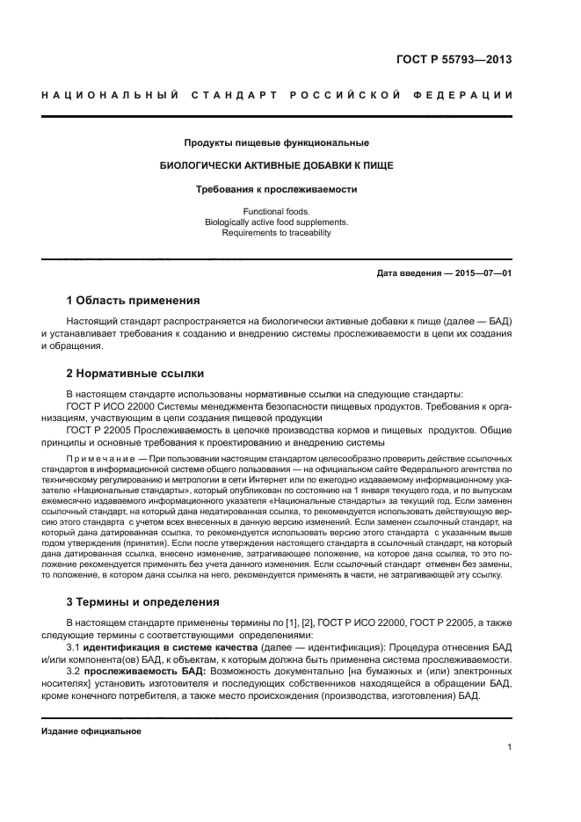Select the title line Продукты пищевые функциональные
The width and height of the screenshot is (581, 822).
click(276, 142)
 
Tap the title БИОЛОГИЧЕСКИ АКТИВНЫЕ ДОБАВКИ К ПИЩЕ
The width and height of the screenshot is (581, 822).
click(276, 165)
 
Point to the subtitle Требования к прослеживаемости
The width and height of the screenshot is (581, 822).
click(276, 188)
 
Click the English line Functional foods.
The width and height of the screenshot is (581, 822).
click(276, 212)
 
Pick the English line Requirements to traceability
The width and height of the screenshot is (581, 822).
click(276, 233)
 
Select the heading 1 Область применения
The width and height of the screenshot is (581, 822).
click(134, 301)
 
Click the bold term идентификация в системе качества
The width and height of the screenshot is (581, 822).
click(165, 646)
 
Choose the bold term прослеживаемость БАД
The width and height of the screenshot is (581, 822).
click(142, 671)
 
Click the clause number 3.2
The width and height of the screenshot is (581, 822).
click(73, 671)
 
